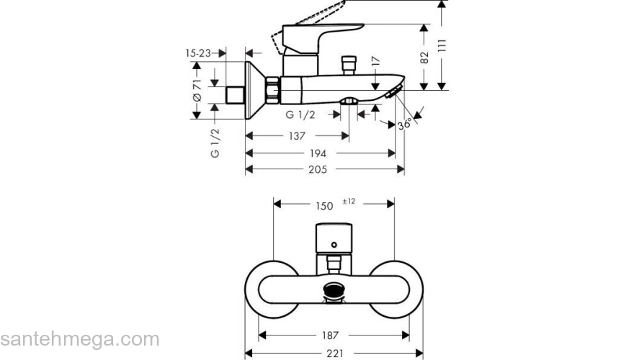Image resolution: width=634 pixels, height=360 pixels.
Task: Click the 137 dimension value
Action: pyautogui.click(x=297, y=136)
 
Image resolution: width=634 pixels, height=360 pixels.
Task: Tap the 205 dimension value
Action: pyautogui.click(x=318, y=169)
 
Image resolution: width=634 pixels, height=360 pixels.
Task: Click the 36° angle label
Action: pyautogui.click(x=406, y=124)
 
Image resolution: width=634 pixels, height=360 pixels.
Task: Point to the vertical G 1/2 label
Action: pyautogui.click(x=215, y=143)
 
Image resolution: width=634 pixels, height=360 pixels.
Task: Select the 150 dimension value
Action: pyautogui.click(x=324, y=206)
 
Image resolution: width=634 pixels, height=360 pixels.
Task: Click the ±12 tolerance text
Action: pyautogui.click(x=349, y=201)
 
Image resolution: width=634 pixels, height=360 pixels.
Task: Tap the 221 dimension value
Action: pyautogui.click(x=333, y=354)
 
